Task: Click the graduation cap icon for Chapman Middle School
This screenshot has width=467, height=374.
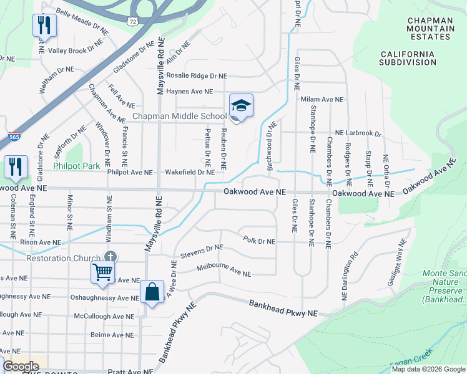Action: click(241, 106)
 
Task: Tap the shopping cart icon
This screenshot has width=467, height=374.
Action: click(102, 271)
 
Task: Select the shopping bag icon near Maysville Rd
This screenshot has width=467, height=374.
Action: click(152, 291)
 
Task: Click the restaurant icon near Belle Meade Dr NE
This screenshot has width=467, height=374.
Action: click(44, 25)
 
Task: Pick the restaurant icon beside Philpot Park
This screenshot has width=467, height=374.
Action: click(16, 166)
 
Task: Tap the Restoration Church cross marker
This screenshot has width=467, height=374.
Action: click(110, 257)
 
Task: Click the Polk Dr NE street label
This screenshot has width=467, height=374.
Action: click(259, 240)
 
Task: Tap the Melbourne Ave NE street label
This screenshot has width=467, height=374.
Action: click(224, 270)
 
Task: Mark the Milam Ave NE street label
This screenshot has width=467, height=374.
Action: click(322, 99)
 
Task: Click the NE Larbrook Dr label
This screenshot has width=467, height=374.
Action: click(358, 133)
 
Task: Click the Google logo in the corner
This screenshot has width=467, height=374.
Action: click(21, 367)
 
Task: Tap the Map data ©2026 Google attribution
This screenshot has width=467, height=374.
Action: click(428, 369)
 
